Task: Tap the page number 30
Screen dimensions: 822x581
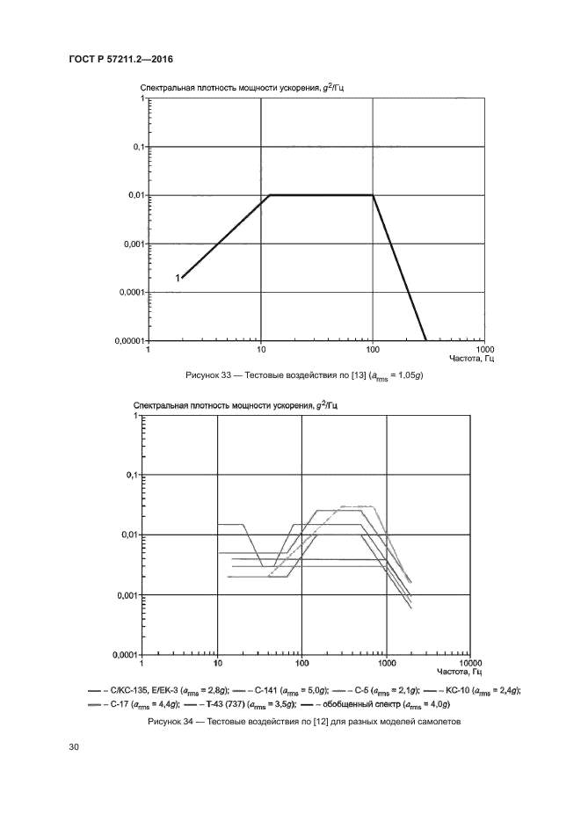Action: (74, 748)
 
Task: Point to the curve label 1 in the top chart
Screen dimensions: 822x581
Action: (178, 278)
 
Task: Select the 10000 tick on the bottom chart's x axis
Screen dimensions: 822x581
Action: (472, 663)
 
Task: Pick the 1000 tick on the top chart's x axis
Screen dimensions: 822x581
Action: (485, 349)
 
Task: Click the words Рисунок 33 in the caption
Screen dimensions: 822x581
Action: (208, 375)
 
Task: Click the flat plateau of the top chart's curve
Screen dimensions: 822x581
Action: (321, 195)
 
